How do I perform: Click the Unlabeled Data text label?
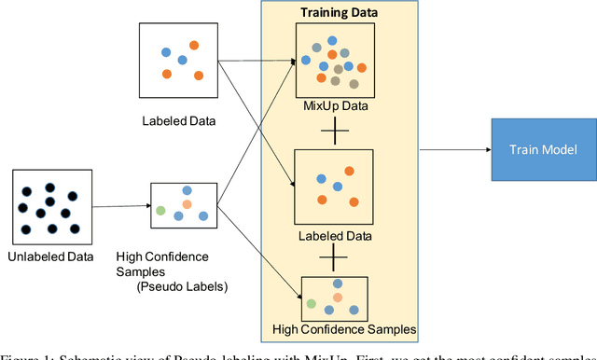coord(49,256)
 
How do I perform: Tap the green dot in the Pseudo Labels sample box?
coord(160,211)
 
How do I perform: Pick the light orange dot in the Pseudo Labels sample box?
coord(187,203)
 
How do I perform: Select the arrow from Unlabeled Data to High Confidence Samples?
coord(120,207)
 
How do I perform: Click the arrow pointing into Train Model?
coord(454,149)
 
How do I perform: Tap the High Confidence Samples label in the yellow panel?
coord(343,328)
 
